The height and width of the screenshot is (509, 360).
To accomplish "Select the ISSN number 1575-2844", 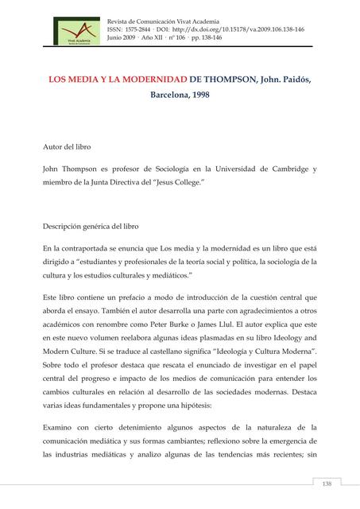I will (141, 26).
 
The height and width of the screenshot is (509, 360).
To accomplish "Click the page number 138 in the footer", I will (326, 484).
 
